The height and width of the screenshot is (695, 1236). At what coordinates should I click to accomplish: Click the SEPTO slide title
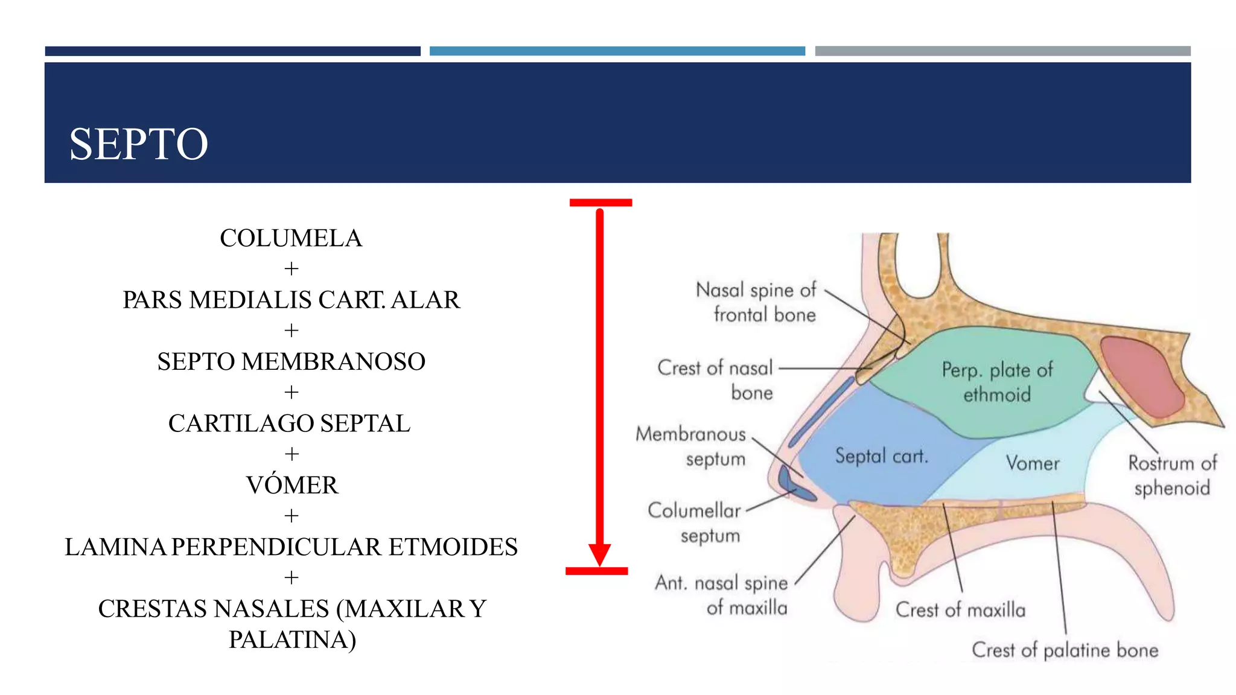click(138, 144)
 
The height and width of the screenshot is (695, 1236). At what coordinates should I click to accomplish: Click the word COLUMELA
click(291, 238)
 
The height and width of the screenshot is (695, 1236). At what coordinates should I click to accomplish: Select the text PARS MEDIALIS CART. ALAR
click(291, 300)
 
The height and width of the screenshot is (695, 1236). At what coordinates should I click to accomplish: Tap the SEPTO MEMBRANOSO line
click(291, 362)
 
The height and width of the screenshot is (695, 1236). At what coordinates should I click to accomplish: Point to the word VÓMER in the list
click(292, 485)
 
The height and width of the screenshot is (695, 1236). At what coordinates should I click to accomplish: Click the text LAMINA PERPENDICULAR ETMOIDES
click(291, 547)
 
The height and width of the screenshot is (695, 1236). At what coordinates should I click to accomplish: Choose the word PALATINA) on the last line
click(292, 639)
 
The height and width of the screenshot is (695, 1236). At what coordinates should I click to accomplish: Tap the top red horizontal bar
click(600, 203)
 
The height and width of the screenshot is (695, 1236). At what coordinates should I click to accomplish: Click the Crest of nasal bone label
click(716, 380)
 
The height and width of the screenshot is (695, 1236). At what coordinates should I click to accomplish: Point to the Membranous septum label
click(692, 446)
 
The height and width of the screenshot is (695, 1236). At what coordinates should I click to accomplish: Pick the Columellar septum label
click(695, 522)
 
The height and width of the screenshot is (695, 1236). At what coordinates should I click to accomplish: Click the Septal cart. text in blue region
click(881, 456)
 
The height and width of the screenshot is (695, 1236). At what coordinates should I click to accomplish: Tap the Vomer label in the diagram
click(1033, 463)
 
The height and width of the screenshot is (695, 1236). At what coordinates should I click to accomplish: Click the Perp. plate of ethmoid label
click(997, 382)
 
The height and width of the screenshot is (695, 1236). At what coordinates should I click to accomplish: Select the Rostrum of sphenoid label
click(1171, 475)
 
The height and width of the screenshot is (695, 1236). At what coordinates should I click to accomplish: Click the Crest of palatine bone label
click(1065, 650)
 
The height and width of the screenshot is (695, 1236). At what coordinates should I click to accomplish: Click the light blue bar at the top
click(617, 51)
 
